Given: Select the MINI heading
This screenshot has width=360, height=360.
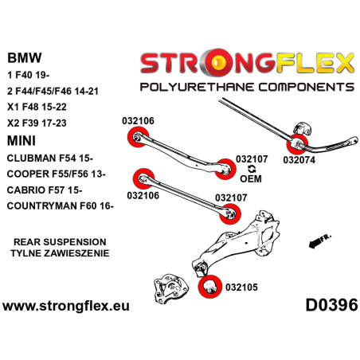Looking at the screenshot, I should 24,140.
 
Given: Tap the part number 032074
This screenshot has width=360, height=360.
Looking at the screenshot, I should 299,158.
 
